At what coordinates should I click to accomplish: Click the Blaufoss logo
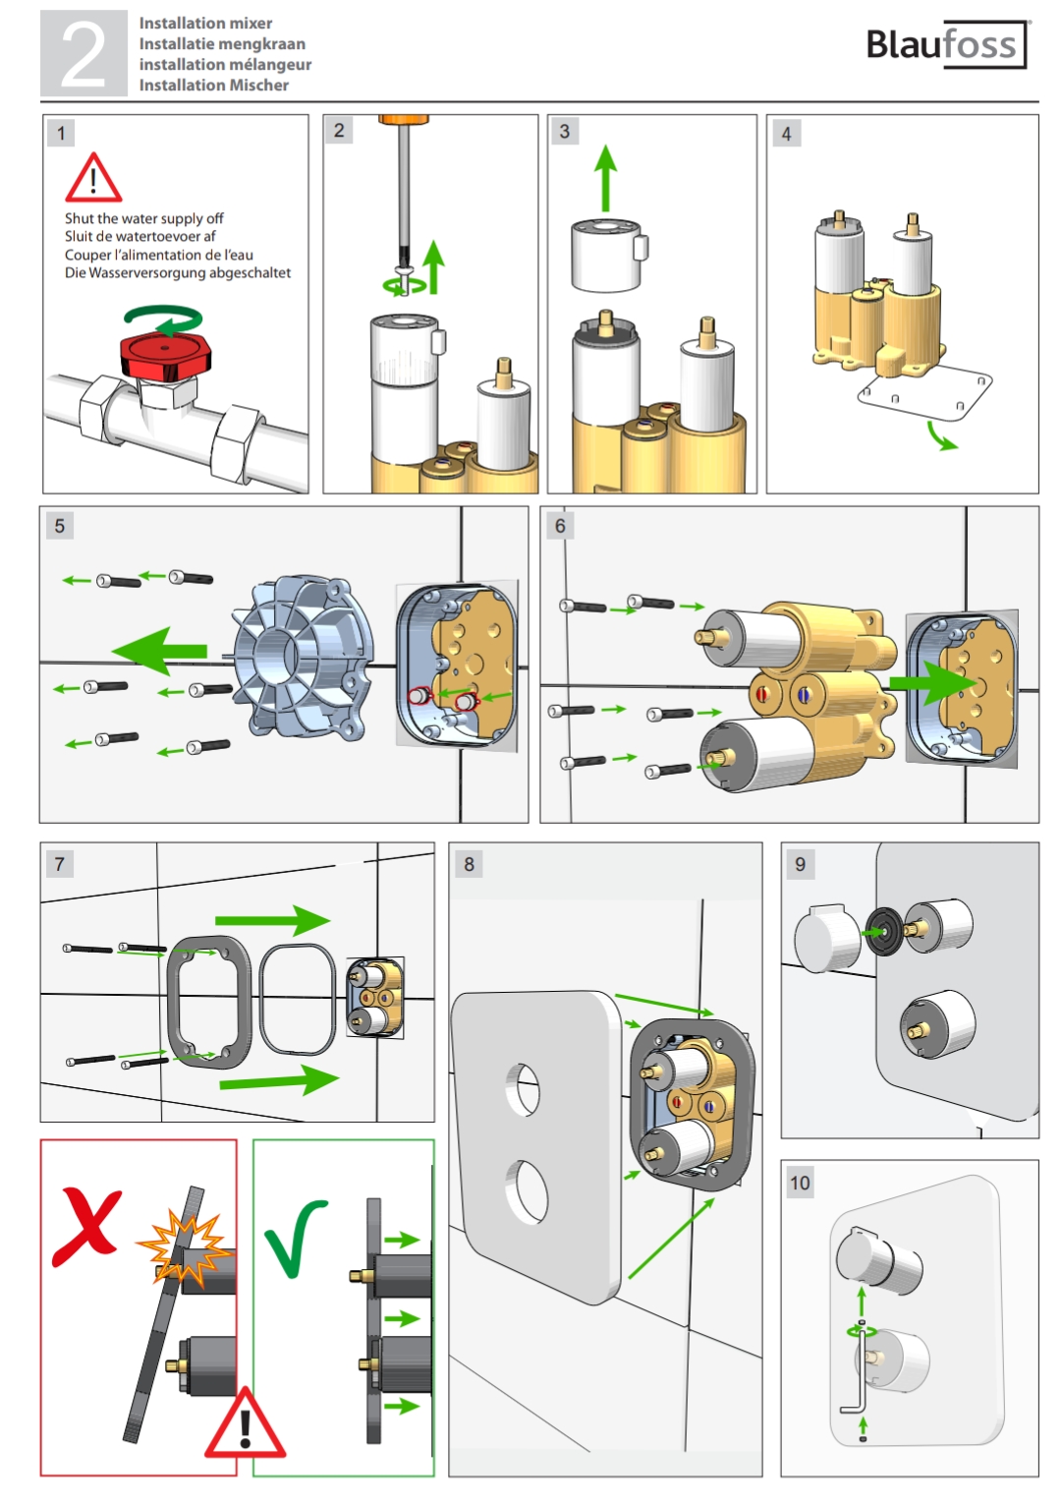pyautogui.click(x=946, y=44)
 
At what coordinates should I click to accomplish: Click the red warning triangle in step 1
pyautogui.click(x=93, y=177)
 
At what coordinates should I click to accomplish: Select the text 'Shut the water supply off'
pyautogui.click(x=143, y=218)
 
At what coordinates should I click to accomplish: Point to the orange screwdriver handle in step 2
pyautogui.click(x=403, y=120)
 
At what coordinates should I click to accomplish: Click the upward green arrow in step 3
pyautogui.click(x=606, y=178)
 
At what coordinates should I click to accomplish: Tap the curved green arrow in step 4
pyautogui.click(x=941, y=436)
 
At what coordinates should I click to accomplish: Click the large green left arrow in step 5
pyautogui.click(x=159, y=651)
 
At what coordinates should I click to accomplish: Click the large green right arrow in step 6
pyautogui.click(x=933, y=682)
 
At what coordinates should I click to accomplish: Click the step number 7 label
pyautogui.click(x=60, y=863)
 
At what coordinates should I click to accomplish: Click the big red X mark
pyautogui.click(x=88, y=1227)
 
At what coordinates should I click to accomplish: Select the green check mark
pyautogui.click(x=294, y=1237)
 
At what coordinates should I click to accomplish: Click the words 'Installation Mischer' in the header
pyautogui.click(x=213, y=86)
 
